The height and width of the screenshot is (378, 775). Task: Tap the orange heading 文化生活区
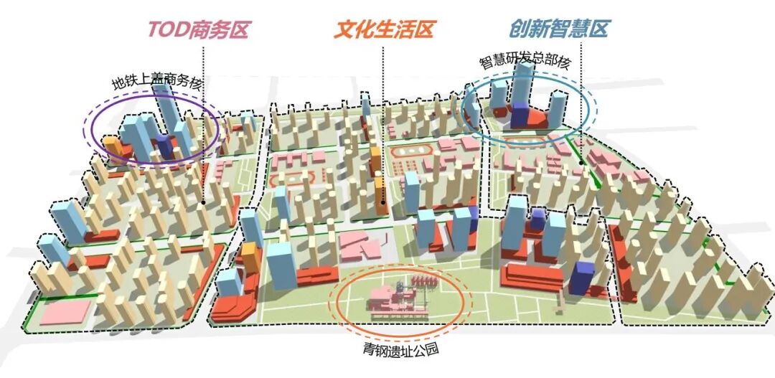coord(384,29)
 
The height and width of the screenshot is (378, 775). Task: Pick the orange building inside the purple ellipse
coord(112,146)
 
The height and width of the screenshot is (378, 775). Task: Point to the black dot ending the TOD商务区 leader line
coord(204,203)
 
